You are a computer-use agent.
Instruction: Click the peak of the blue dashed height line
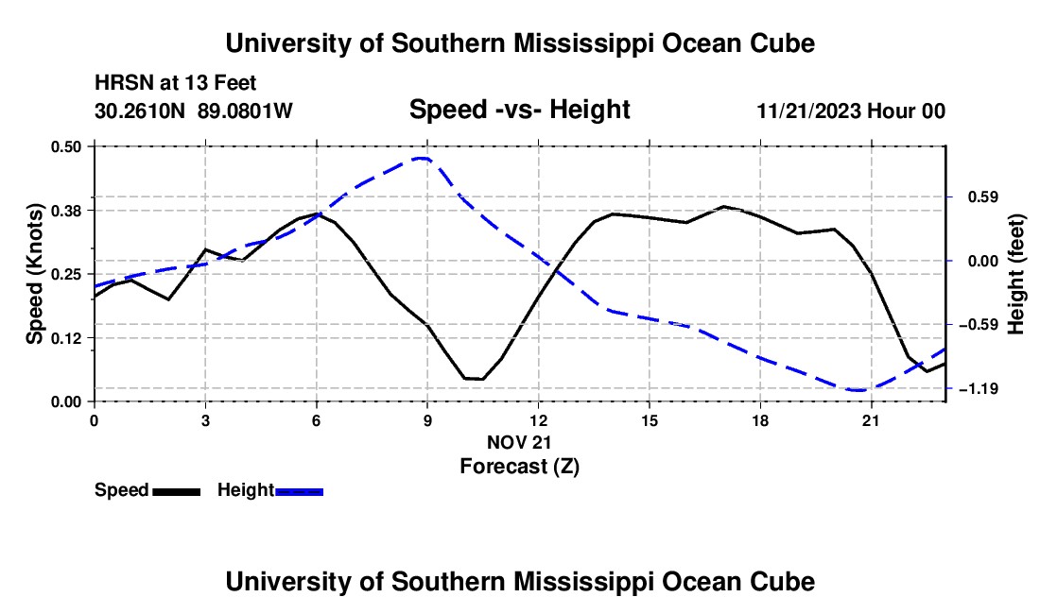coord(421,159)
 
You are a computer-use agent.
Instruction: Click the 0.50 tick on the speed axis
coord(65,146)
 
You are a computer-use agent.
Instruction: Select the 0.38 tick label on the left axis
coord(65,211)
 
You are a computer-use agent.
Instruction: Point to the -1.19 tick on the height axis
coord(979,389)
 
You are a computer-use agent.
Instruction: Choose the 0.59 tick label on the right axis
coord(983,197)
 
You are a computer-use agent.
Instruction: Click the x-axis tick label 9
coord(427,421)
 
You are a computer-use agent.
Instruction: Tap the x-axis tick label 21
coord(871,421)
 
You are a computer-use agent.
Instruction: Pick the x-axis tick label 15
coord(650,421)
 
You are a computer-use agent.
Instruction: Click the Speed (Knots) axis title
coord(35,274)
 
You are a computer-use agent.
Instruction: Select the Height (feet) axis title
coord(1016,274)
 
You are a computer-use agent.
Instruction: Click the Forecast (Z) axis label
coord(520,467)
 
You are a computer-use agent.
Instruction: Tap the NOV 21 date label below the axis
coord(519,442)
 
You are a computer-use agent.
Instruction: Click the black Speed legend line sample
coord(177,492)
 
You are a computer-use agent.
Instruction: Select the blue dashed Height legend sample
coord(299,492)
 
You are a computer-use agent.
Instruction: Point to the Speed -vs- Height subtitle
coord(520,110)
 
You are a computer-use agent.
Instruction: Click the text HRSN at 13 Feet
coord(176,83)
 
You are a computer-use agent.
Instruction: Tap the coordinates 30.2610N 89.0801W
coord(194,111)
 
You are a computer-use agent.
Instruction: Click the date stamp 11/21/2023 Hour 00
coord(852,111)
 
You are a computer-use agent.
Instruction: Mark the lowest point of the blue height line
coord(858,391)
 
